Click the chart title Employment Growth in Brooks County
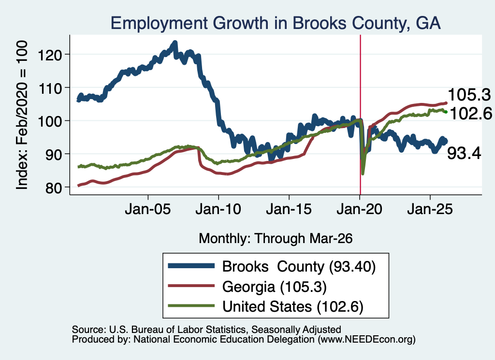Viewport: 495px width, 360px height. pos(275,23)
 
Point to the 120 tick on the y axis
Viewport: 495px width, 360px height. pos(50,55)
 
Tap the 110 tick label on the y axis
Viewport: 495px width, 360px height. pos(50,88)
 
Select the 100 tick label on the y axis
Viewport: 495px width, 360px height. pos(50,121)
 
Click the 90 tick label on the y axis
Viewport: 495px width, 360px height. pos(54,154)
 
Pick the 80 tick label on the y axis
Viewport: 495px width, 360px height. pos(54,187)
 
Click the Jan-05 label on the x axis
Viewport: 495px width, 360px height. pos(148,209)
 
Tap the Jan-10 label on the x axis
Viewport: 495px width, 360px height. pos(218,209)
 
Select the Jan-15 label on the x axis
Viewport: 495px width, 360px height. pos(289,209)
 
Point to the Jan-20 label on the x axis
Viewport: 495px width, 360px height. pos(359,209)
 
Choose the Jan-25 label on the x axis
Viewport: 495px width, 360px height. pos(430,209)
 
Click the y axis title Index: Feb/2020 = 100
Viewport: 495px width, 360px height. pos(22,115)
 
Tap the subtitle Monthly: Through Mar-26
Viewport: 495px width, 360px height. pos(276,239)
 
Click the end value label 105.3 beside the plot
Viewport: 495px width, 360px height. pos(469,95)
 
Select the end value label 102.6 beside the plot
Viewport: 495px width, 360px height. pos(470,114)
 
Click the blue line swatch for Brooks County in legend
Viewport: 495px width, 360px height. pos(191,266)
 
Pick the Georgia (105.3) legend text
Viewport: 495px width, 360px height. pos(275,287)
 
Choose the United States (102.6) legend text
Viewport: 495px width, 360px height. pos(293,307)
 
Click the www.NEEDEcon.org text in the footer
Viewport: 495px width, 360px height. pos(366,340)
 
